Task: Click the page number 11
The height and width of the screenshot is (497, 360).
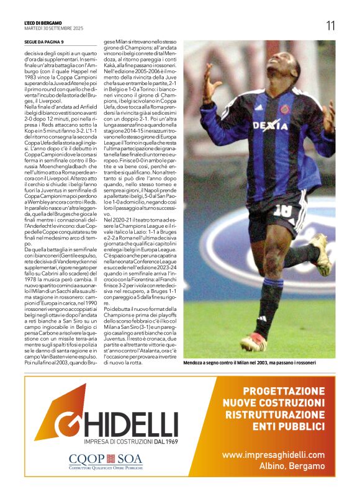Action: coord(330,25)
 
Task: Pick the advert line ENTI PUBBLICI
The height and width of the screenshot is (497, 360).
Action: coord(288,427)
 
